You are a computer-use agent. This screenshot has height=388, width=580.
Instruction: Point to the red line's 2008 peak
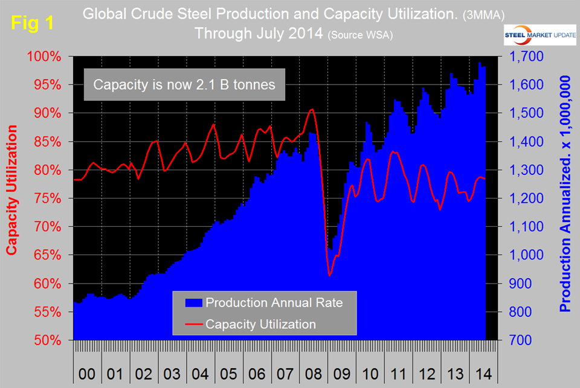(312, 109)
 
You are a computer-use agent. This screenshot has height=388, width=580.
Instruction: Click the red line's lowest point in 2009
(330, 276)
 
